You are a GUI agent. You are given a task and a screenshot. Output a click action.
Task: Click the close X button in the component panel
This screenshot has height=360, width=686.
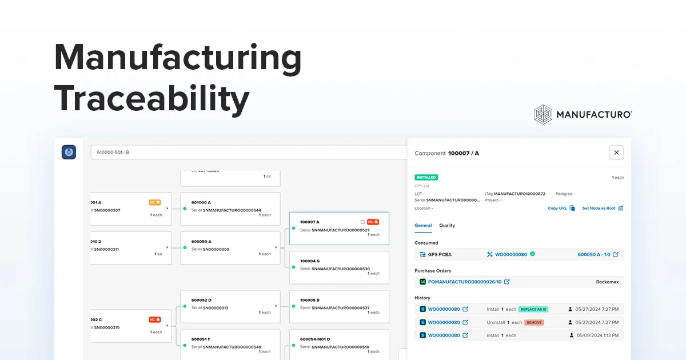pyautogui.click(x=616, y=153)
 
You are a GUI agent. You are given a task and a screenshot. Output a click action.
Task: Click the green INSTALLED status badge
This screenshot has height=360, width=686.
pyautogui.click(x=426, y=178)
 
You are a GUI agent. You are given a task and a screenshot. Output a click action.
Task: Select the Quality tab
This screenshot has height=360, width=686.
pyautogui.click(x=447, y=226)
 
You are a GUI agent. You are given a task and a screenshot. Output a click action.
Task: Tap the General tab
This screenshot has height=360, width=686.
pyautogui.click(x=423, y=226)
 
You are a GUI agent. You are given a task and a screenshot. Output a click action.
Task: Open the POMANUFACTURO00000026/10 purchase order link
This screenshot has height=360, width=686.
pyautogui.click(x=464, y=282)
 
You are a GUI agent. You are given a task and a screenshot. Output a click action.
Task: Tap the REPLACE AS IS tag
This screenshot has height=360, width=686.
pyautogui.click(x=533, y=309)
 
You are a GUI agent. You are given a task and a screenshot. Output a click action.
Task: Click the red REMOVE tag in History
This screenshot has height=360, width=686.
pyautogui.click(x=534, y=322)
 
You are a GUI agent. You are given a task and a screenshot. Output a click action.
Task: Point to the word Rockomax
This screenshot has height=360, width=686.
pyautogui.click(x=607, y=282)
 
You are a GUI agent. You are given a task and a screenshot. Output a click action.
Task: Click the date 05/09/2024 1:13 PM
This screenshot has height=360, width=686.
pyautogui.click(x=597, y=335)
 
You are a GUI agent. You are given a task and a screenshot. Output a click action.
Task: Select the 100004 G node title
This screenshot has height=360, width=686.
pyautogui.click(x=310, y=261)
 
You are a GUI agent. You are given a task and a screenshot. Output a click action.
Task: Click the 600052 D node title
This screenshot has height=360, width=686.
pyautogui.click(x=201, y=300)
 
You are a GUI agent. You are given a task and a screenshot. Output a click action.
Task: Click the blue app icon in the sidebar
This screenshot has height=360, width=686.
pyautogui.click(x=69, y=152)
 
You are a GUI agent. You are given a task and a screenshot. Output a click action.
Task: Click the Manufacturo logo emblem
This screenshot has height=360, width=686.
pyautogui.click(x=544, y=114)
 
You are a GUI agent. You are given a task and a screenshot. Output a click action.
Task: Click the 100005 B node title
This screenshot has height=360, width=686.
pyautogui.click(x=310, y=300)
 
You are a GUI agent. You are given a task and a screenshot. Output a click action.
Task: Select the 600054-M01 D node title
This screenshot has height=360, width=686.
pyautogui.click(x=315, y=339)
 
